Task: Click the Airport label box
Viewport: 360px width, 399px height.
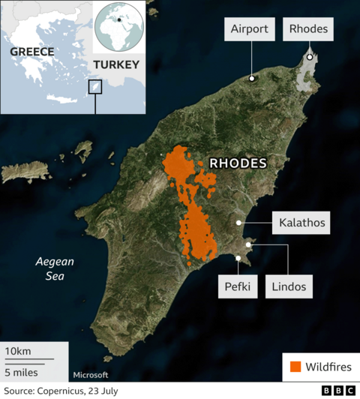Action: (249, 29)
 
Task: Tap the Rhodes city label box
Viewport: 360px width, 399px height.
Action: (308, 29)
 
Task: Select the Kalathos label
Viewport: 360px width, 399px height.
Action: (302, 222)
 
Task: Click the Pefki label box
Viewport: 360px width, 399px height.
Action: (238, 286)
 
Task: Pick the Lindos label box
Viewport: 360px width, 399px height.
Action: (287, 286)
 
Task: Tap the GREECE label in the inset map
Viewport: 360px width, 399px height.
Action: (31, 52)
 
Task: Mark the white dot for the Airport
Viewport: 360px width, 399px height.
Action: (252, 78)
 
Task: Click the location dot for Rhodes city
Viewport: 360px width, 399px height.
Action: (309, 57)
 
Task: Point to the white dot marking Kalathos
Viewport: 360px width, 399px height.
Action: (239, 223)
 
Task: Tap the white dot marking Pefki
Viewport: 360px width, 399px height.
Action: (238, 259)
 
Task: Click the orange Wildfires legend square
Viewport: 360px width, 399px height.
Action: (295, 367)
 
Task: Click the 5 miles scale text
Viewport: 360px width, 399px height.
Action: (22, 371)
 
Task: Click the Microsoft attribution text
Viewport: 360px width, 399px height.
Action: (91, 375)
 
